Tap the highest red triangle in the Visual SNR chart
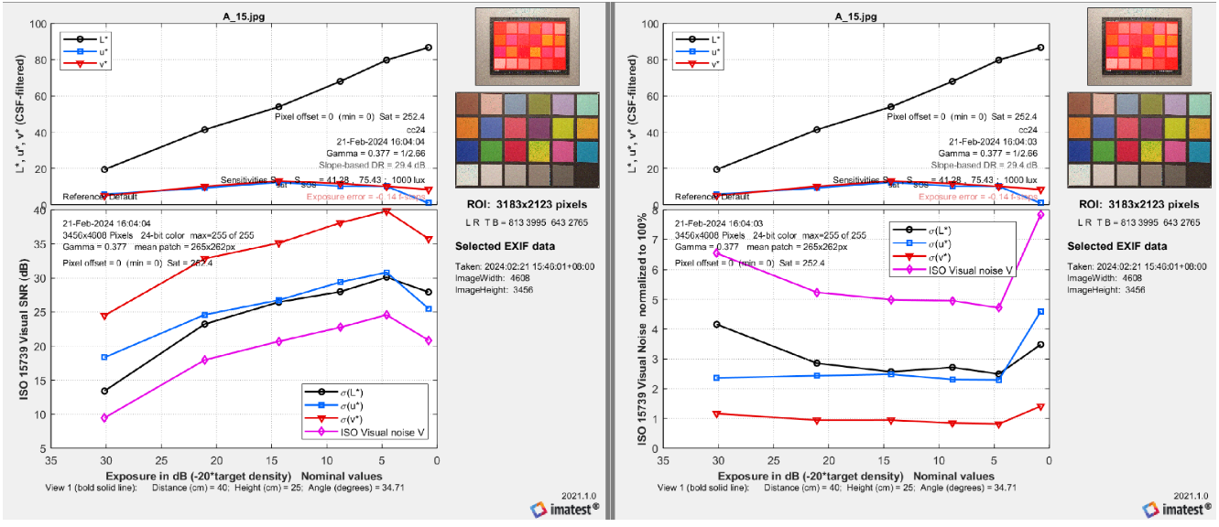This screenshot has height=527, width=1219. [x=386, y=210]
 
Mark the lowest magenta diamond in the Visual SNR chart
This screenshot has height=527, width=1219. [x=104, y=418]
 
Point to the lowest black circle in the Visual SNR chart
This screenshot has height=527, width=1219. [x=104, y=391]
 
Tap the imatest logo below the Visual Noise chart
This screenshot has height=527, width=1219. [x=1179, y=510]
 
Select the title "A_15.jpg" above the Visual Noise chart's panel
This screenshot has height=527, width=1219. [x=857, y=16]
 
